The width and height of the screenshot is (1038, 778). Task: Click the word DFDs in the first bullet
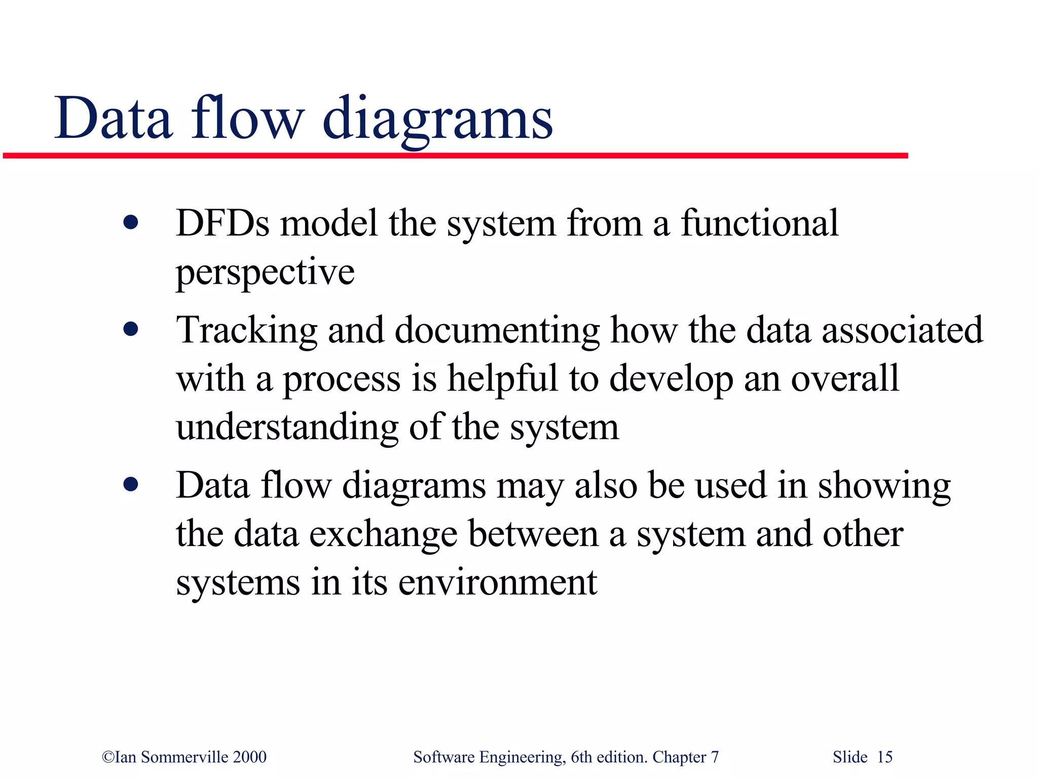pyautogui.click(x=223, y=223)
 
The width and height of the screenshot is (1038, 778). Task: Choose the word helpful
pyautogui.click(x=502, y=379)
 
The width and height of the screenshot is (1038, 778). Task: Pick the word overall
pyautogui.click(x=845, y=378)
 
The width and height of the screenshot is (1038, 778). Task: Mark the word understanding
pyautogui.click(x=287, y=427)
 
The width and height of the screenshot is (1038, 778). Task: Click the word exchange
pyautogui.click(x=383, y=535)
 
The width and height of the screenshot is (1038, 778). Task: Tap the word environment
pyautogui.click(x=498, y=582)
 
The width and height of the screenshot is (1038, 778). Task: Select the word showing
pyautogui.click(x=884, y=487)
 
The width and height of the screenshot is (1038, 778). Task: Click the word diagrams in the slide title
pyautogui.click(x=437, y=120)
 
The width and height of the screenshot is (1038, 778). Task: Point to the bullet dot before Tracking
pyautogui.click(x=131, y=330)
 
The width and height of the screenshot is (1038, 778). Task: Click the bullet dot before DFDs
pyautogui.click(x=131, y=222)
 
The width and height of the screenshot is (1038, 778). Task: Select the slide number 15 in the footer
pyautogui.click(x=884, y=757)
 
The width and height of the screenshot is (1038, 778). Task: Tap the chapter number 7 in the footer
pyautogui.click(x=715, y=757)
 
